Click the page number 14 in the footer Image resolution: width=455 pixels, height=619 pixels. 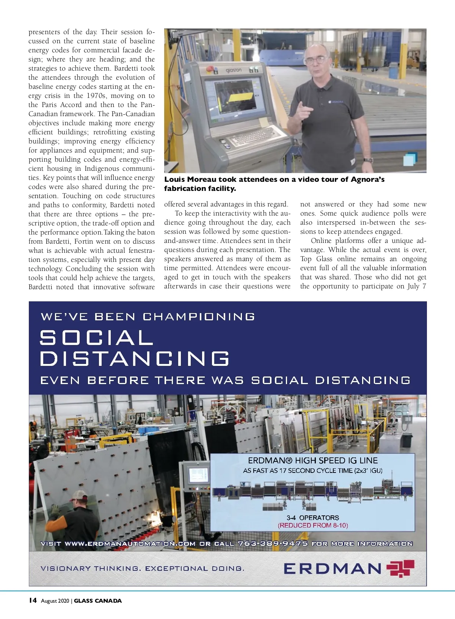[33, 600]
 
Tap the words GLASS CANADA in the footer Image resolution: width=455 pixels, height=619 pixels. [98, 601]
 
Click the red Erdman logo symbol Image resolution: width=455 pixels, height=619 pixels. [400, 568]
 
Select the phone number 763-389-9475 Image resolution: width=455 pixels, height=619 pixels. [273, 543]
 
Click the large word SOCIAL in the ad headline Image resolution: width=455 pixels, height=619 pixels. [97, 337]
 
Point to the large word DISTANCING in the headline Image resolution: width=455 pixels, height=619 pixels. [135, 359]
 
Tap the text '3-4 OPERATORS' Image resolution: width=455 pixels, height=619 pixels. [313, 518]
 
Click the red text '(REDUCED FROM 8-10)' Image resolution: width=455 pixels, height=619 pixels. [313, 526]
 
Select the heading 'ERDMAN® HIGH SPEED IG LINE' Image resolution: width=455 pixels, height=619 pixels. [313, 461]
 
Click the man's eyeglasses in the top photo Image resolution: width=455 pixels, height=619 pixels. [314, 60]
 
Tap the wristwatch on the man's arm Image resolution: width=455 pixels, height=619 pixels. [368, 160]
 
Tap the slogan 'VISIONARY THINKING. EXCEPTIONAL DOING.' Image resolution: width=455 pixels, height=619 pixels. [142, 569]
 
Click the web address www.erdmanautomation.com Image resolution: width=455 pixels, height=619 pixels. [130, 543]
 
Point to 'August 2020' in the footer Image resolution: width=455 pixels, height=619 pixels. [55, 601]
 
